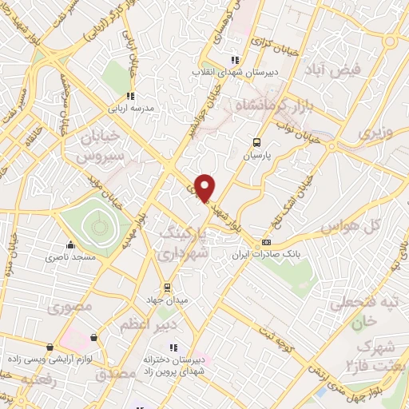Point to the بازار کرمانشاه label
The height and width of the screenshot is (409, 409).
pyautogui.click(x=277, y=107)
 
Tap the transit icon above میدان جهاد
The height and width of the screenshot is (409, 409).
pyautogui.click(x=167, y=287)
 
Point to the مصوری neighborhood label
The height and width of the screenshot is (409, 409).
pyautogui.click(x=71, y=306)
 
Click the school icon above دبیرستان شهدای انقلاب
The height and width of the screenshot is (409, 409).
pyautogui.click(x=233, y=60)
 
